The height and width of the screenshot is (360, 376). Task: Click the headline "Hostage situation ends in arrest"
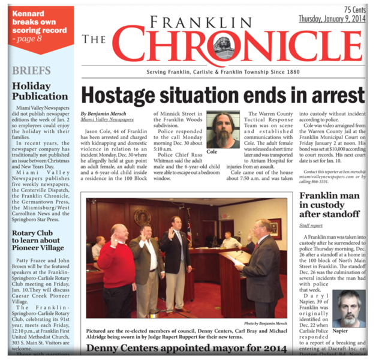point(222,95)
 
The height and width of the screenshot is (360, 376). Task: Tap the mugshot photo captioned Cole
point(223,130)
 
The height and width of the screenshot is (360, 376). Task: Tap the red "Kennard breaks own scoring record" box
point(37,26)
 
